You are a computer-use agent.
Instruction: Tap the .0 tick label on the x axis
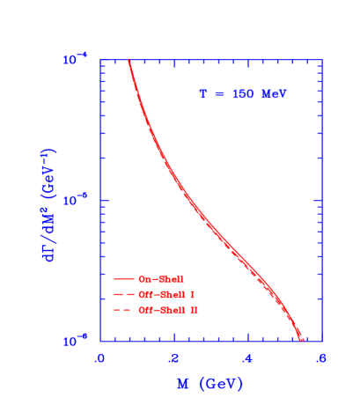(x=99, y=358)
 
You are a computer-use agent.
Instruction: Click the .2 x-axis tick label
(x=173, y=358)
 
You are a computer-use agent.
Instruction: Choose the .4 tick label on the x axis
(x=247, y=358)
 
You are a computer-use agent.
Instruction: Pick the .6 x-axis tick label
(x=321, y=358)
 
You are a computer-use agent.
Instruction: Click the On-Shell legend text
(x=168, y=279)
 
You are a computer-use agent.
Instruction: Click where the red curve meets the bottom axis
(x=303, y=340)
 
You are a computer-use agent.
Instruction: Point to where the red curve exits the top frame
(x=129, y=61)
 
